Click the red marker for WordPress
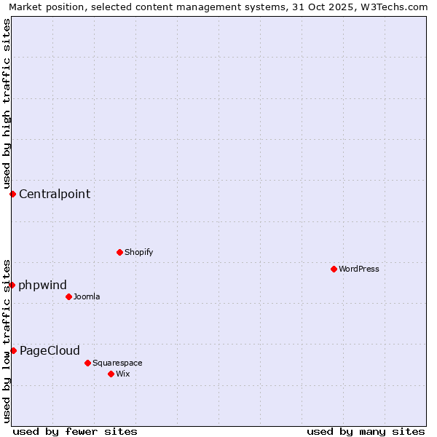334,269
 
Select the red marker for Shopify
119,252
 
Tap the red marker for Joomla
68,296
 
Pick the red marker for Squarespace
87,363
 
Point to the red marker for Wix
111,374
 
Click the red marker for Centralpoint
12,194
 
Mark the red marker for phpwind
12,285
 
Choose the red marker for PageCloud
13,350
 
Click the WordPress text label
359,269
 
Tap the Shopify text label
138,252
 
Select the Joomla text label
87,296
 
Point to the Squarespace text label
117,363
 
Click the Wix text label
123,374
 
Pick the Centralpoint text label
55,194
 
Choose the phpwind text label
42,285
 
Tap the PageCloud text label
50,350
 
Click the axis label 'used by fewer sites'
75,431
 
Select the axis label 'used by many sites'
366,431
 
